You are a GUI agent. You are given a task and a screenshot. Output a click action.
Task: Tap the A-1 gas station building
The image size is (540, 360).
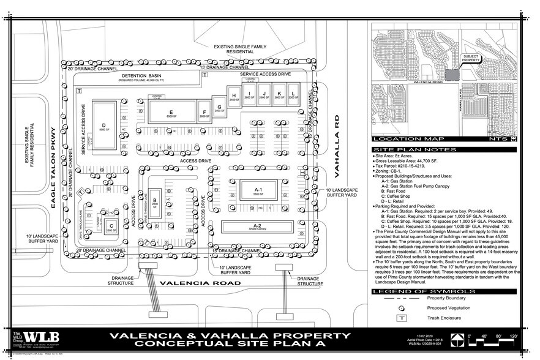258,193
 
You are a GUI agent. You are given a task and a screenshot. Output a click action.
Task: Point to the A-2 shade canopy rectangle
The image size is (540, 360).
258,227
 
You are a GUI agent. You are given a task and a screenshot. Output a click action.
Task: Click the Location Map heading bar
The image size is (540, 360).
403,139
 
